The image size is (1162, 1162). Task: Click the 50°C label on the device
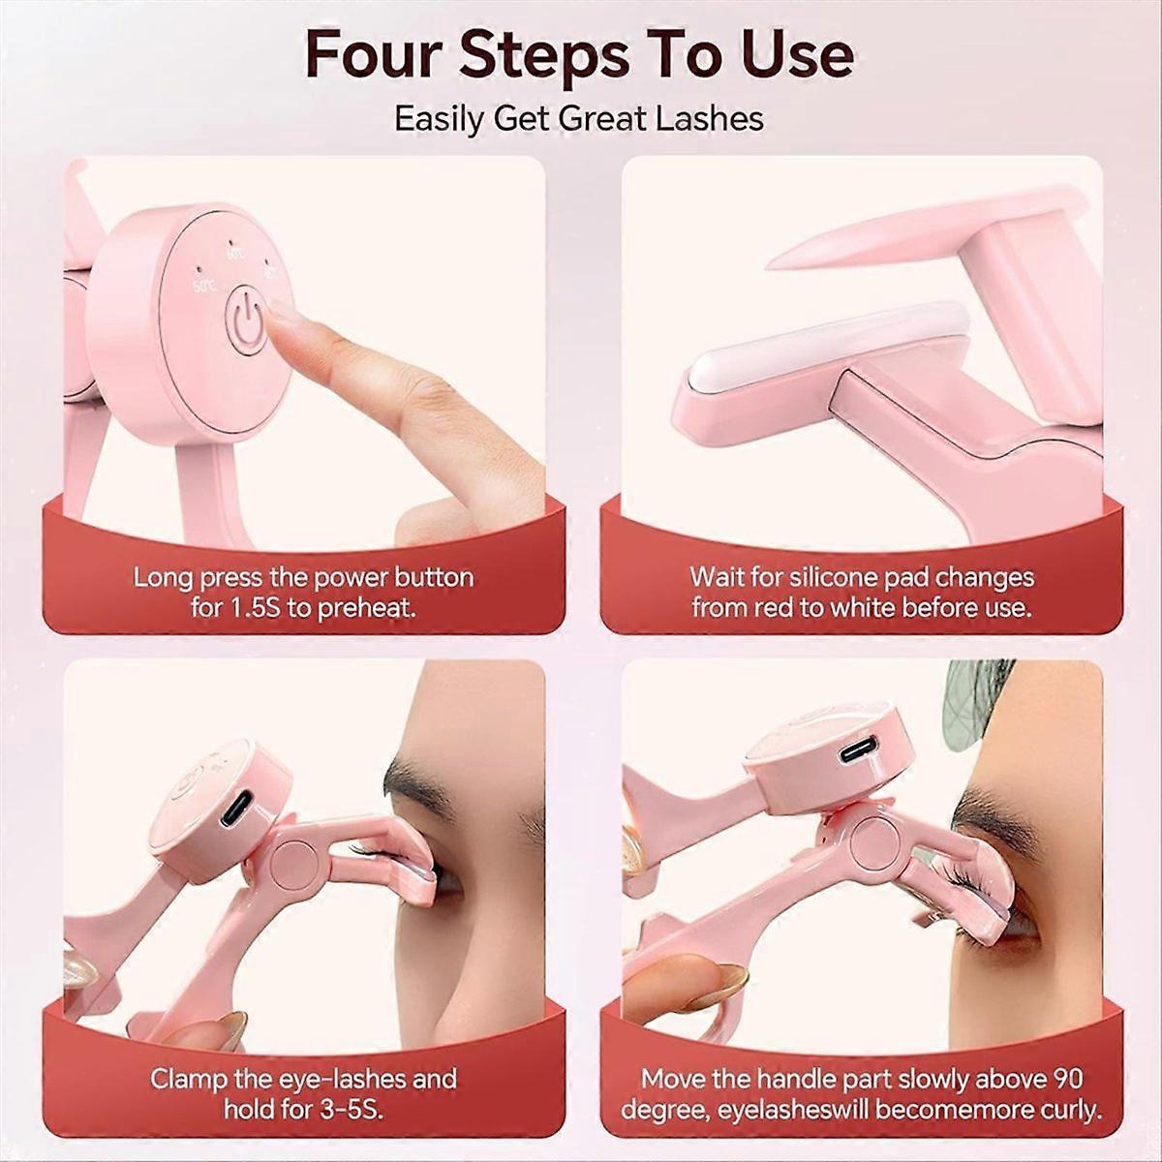[x=203, y=287]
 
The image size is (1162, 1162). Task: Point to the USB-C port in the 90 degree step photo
[x=860, y=752]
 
